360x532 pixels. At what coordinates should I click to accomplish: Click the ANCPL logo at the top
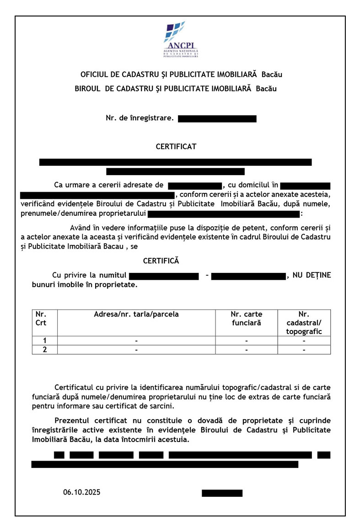[180, 40]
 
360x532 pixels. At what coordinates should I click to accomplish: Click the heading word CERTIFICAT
[176, 147]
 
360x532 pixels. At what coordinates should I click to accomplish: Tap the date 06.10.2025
[82, 492]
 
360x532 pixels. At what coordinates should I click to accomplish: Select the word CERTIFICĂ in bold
[161, 261]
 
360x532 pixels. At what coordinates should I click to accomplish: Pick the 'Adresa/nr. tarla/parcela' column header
[136, 314]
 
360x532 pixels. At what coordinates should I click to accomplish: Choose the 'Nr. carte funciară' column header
[246, 319]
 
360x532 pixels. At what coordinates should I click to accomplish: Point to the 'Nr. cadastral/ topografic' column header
[304, 323]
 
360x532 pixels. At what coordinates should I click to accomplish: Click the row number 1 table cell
[44, 340]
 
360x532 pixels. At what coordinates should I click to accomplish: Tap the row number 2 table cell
[44, 350]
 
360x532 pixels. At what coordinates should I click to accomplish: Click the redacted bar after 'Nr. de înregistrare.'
[217, 119]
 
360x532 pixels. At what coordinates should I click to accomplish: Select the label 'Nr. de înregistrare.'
[140, 118]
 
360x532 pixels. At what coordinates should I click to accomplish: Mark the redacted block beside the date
[222, 493]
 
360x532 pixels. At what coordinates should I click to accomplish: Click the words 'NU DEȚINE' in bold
[311, 275]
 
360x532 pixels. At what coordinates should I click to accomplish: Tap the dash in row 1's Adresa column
[136, 341]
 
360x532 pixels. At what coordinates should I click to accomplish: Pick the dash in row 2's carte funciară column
[246, 350]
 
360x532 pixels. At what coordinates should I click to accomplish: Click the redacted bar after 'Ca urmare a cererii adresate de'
[195, 185]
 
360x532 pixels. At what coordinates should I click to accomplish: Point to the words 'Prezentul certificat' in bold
[87, 420]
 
